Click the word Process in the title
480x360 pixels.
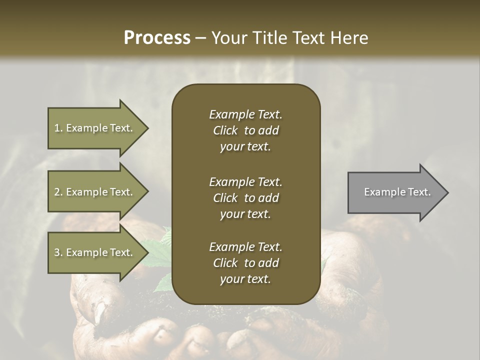point(157,38)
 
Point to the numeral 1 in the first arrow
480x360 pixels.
point(56,128)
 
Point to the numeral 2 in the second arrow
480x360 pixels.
point(57,192)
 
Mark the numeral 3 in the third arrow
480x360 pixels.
point(57,252)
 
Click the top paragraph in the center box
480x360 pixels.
point(245,130)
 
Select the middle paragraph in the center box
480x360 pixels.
point(245,198)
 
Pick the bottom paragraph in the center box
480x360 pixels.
point(245,263)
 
